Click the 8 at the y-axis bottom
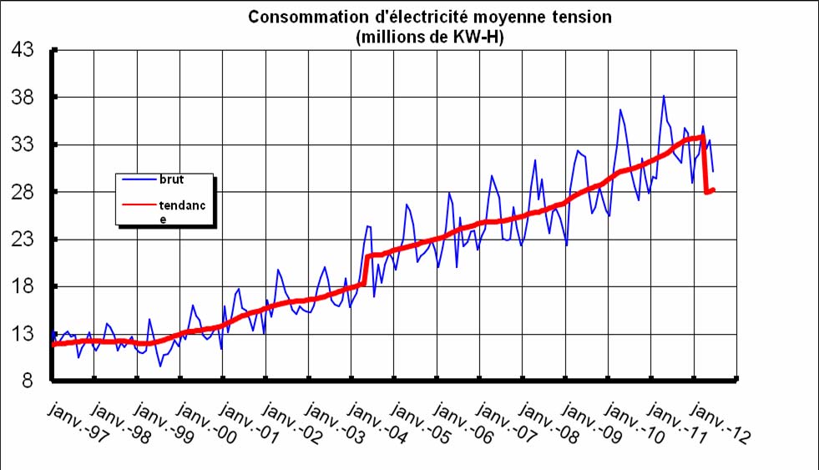point(28,382)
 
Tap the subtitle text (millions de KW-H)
point(429,37)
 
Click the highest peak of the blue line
point(664,96)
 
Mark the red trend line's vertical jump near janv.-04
point(366,270)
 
